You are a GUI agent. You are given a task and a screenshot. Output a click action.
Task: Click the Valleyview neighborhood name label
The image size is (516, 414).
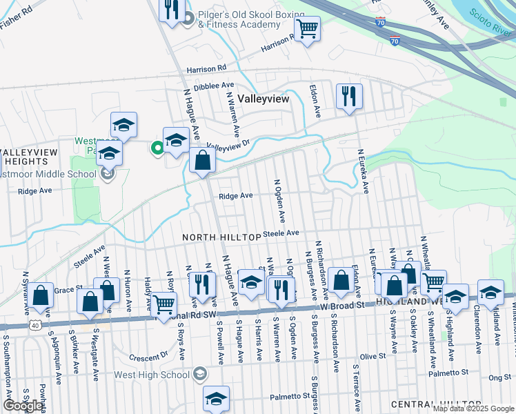pyautogui.click(x=263, y=99)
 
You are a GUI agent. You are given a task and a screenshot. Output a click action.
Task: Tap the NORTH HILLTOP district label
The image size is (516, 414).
pyautogui.click(x=221, y=237)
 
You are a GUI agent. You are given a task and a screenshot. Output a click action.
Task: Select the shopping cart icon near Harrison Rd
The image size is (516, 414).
pyautogui.click(x=307, y=29)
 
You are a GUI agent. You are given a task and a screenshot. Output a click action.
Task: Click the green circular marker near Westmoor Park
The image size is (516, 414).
pyautogui.click(x=157, y=146)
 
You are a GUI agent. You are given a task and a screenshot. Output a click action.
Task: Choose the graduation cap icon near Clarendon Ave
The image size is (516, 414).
pyautogui.click(x=490, y=292)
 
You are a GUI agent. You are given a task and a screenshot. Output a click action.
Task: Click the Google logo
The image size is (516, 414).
pyautogui.click(x=23, y=406)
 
